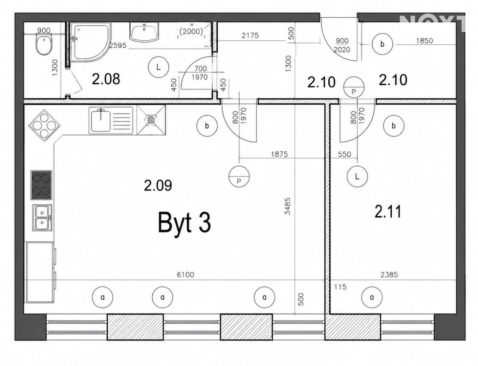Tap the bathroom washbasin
(144, 32)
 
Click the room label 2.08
(106, 79)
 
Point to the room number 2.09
(158, 186)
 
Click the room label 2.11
(388, 212)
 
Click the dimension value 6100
(185, 274)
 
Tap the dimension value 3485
(287, 206)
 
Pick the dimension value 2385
(389, 274)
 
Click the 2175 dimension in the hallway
(250, 35)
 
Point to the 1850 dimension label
(425, 41)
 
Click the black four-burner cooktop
(41, 185)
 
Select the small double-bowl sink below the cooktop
(42, 218)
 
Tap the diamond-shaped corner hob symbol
(44, 126)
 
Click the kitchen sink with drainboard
(111, 120)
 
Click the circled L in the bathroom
(158, 67)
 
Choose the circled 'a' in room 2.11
(372, 297)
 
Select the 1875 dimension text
(279, 154)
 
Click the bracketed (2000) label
(191, 32)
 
